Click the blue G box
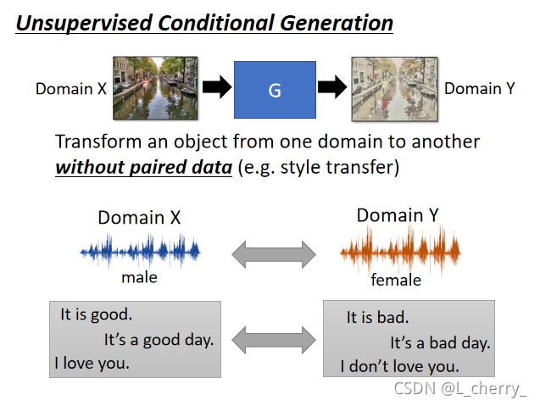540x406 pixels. coord(275,88)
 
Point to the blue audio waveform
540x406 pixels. coord(140,251)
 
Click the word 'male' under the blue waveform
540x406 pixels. coord(140,276)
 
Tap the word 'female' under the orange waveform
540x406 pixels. coord(395,279)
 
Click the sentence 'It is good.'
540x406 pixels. coord(97,314)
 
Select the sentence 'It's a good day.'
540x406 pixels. coord(159,340)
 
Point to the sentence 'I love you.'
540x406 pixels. coord(92,364)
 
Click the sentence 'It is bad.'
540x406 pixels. coord(377,318)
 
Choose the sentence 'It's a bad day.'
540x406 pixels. coord(440,343)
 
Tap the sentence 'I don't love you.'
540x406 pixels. coord(399,367)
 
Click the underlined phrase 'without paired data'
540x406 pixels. coord(143,167)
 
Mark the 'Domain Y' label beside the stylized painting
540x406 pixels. coord(480,88)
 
